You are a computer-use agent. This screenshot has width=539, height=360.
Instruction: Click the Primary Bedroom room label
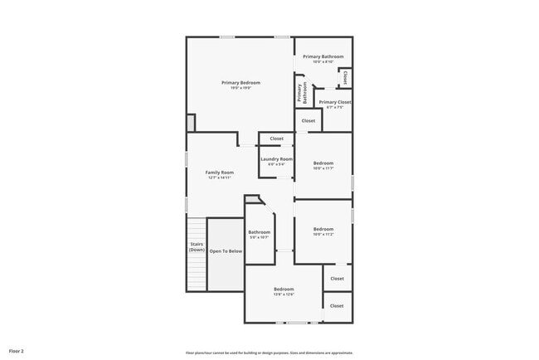pos(240,83)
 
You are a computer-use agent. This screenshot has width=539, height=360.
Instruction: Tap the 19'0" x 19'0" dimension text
pos(240,89)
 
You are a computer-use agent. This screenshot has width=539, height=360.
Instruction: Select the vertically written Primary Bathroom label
pos(304,92)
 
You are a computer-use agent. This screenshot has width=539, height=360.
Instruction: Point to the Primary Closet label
pos(335,102)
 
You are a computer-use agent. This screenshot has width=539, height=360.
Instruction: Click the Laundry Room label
pos(276,159)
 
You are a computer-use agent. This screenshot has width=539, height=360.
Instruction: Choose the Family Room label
pos(220,173)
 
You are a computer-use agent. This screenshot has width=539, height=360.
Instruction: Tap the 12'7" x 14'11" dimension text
pos(220,178)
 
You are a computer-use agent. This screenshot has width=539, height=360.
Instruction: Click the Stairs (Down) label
pos(197,247)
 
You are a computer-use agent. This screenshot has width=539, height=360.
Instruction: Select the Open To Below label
pos(226,251)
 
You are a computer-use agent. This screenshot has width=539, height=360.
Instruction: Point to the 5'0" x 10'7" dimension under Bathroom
pos(260,237)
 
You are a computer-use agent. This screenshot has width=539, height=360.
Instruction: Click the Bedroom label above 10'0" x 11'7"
pos(323,163)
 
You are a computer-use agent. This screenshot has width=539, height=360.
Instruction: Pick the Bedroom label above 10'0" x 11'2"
pos(323,229)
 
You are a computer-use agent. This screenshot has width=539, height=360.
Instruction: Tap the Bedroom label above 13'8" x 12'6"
pos(284,289)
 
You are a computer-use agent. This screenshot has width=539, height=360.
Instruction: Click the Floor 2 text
pos(17,352)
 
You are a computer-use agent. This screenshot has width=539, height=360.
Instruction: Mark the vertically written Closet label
pos(345,78)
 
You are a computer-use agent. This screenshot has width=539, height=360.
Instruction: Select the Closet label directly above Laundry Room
pos(276,139)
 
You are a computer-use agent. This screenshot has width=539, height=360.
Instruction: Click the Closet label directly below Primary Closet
pos(308,120)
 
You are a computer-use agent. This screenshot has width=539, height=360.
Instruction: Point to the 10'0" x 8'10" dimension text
pos(323,62)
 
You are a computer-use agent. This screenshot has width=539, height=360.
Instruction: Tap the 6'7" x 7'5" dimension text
pos(335,108)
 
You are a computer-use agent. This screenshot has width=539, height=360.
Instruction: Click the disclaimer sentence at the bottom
pos(269,353)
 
